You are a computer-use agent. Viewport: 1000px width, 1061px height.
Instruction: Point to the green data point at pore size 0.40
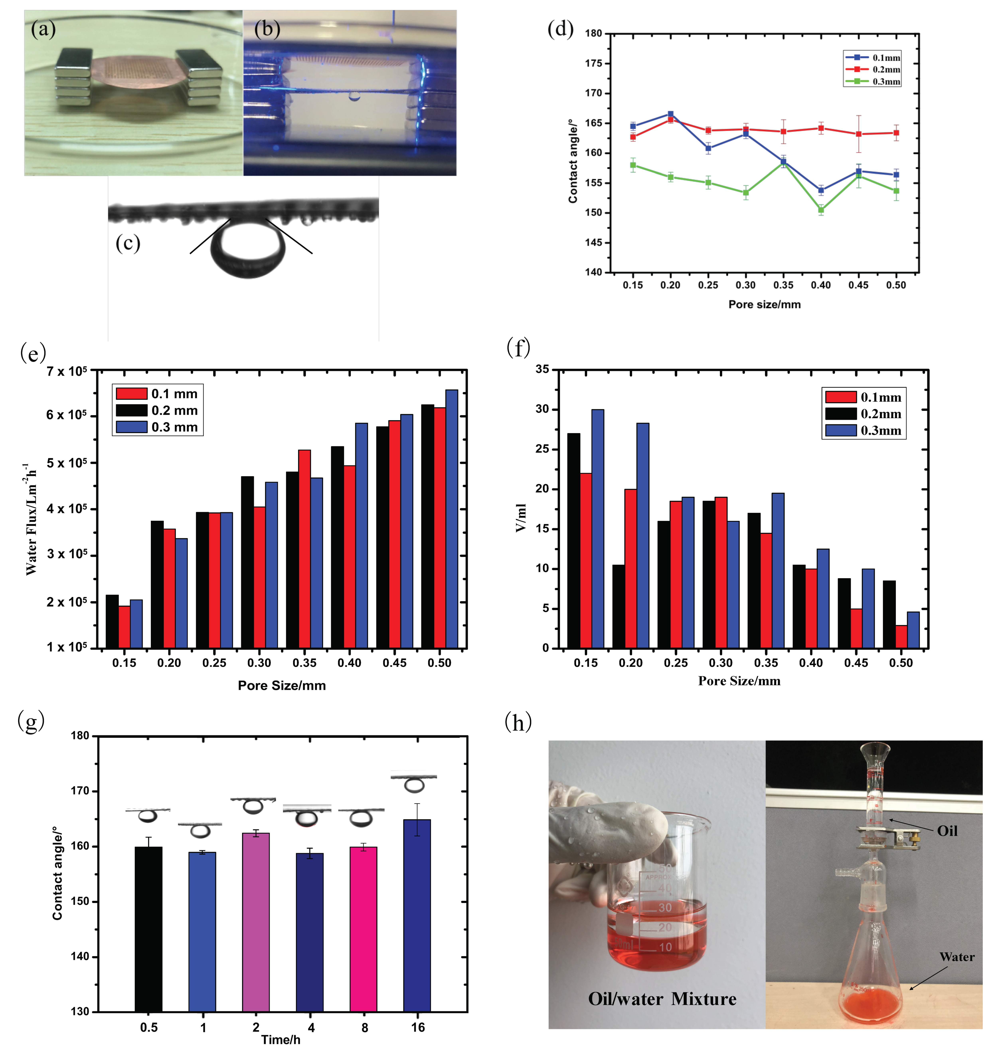point(821,210)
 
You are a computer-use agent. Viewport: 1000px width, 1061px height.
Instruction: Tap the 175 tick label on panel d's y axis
point(593,63)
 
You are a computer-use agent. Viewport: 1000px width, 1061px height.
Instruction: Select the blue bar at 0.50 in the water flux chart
point(452,518)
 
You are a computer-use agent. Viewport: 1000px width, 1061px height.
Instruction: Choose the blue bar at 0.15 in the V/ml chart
point(598,528)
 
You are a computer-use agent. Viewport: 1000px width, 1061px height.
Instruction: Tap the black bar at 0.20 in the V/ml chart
point(619,606)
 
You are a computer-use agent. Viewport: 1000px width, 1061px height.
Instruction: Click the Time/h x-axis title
point(281,1039)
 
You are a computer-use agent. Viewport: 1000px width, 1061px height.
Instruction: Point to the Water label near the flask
point(957,957)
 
